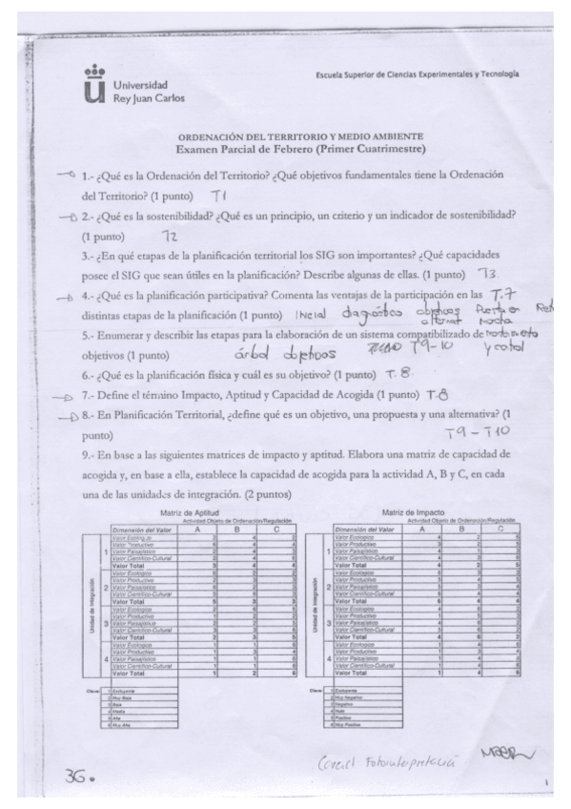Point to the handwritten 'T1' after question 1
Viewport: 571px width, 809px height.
click(217, 196)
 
